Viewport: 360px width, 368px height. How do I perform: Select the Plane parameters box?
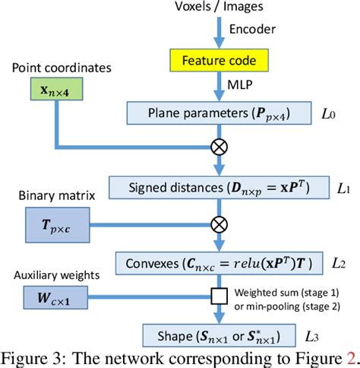(x=218, y=115)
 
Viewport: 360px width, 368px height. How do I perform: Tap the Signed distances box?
(x=218, y=186)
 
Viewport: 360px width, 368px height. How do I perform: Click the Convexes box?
(x=218, y=264)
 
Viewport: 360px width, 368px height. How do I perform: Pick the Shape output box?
(x=218, y=335)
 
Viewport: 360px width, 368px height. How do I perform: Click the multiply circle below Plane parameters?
(x=219, y=148)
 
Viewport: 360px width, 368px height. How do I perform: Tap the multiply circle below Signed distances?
(x=219, y=224)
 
